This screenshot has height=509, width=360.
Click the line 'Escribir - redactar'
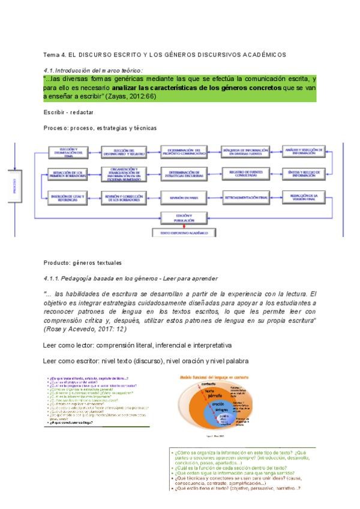68,112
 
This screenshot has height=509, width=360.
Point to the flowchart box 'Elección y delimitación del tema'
65,152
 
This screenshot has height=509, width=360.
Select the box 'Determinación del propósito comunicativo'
185,152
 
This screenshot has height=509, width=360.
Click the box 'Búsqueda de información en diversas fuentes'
245,152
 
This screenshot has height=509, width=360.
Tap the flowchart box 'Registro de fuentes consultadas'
245,173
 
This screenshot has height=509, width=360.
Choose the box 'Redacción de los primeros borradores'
65,173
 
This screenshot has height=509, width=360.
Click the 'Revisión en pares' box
185,197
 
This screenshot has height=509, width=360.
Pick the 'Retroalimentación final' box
245,197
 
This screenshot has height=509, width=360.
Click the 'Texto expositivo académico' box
185,232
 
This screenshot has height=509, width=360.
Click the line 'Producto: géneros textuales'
82,262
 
